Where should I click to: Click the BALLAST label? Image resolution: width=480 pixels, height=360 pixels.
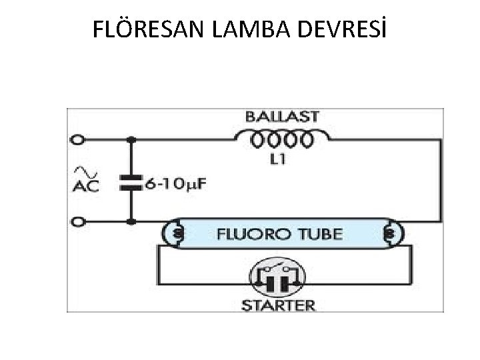point(282,117)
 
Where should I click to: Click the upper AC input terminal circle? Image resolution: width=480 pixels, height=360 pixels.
point(79,140)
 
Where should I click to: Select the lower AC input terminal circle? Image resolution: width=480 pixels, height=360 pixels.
point(79,221)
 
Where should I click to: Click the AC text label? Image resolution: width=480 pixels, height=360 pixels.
point(85,186)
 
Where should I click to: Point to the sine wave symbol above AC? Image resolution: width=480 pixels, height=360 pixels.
point(82,171)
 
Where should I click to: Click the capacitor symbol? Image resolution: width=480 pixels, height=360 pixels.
point(131,182)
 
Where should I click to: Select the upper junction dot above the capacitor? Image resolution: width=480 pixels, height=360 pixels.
point(131,140)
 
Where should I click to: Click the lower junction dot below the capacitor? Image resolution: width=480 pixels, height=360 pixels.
point(131,221)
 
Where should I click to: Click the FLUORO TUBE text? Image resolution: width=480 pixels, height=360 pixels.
point(279,235)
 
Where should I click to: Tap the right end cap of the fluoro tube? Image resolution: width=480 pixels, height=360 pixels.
point(390,235)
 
